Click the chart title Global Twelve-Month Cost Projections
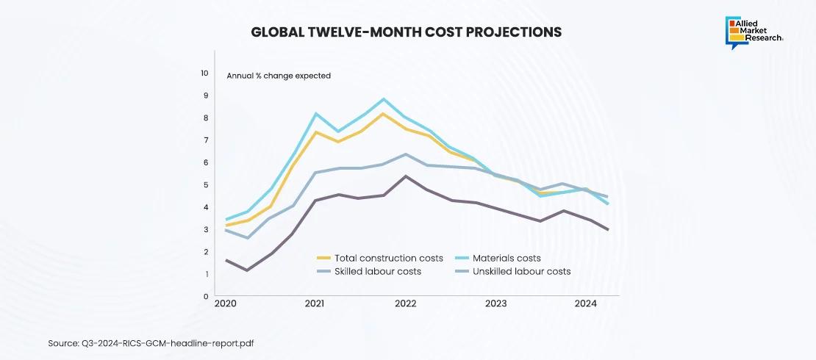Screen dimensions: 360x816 (407, 32)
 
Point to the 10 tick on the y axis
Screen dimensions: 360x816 (204, 73)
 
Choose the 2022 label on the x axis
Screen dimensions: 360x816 (405, 303)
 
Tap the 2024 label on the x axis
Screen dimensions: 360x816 (585, 303)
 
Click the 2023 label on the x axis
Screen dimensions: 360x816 (495, 303)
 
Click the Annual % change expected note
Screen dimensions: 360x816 (278, 76)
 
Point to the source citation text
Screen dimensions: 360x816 (151, 342)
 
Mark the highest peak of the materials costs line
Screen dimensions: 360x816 (383, 98)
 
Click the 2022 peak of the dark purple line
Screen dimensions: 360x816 (405, 176)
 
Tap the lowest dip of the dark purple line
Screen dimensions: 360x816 (248, 270)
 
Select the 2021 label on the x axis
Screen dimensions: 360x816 (315, 303)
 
